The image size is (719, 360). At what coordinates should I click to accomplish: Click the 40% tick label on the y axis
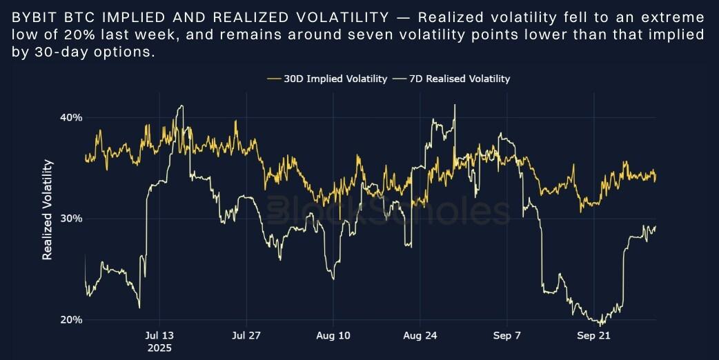pyautogui.click(x=72, y=117)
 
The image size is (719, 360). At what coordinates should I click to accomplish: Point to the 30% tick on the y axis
pyautogui.click(x=72, y=219)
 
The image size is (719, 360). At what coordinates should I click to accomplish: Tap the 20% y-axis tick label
pyautogui.click(x=72, y=320)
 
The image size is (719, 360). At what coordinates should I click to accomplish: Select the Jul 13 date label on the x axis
pyautogui.click(x=160, y=336)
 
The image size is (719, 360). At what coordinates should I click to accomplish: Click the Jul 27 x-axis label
pyautogui.click(x=246, y=336)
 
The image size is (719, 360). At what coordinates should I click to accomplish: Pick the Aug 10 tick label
pyautogui.click(x=333, y=336)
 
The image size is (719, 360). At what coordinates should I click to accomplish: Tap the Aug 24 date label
pyautogui.click(x=419, y=336)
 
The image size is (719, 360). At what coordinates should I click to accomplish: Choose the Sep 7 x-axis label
pyautogui.click(x=507, y=336)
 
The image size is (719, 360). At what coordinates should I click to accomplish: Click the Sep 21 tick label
pyautogui.click(x=593, y=336)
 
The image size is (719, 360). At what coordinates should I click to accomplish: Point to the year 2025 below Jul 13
pyautogui.click(x=160, y=348)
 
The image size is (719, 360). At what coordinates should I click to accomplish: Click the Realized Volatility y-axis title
pyautogui.click(x=48, y=210)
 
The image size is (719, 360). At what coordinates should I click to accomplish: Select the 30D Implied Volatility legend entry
pyautogui.click(x=327, y=79)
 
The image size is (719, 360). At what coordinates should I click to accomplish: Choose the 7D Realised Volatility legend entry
pyautogui.click(x=451, y=79)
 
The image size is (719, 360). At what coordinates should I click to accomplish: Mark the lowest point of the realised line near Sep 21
pyautogui.click(x=601, y=325)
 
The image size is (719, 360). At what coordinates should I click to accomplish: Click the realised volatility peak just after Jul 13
pyautogui.click(x=181, y=106)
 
